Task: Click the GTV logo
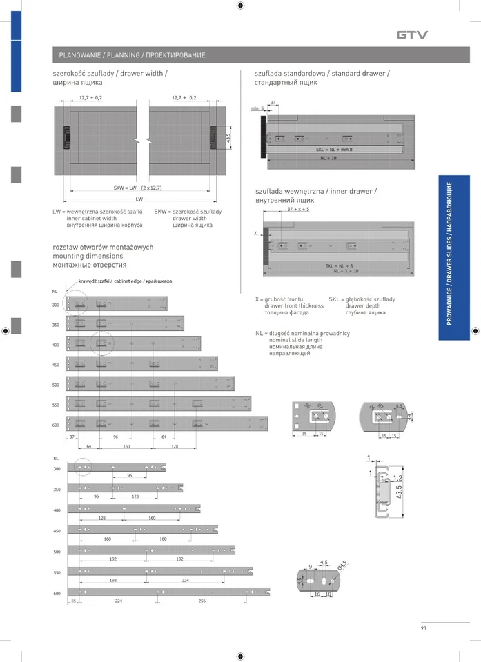click(x=412, y=34)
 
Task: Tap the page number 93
click(x=424, y=628)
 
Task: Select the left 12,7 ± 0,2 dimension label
click(x=90, y=98)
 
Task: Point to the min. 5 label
click(x=258, y=109)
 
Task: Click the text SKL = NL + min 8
click(x=334, y=149)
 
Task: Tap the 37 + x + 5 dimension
click(x=298, y=208)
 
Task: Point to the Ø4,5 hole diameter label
click(x=342, y=567)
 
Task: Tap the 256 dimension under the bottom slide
click(x=202, y=601)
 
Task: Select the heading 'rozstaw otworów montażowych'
click(x=103, y=247)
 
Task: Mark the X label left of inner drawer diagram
click(x=255, y=234)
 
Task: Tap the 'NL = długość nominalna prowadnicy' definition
click(x=302, y=333)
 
